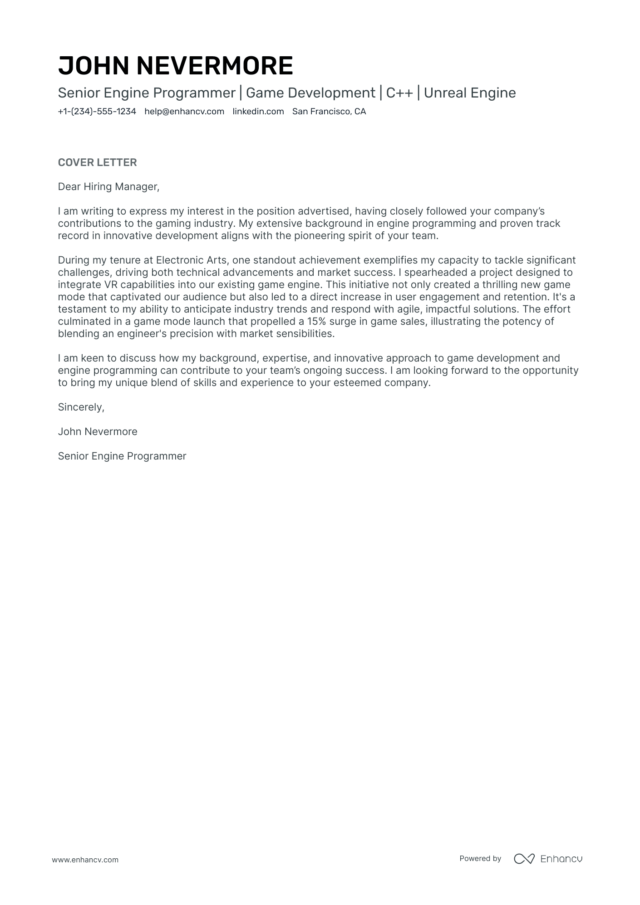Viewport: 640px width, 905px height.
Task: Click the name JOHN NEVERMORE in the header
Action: pyautogui.click(x=175, y=65)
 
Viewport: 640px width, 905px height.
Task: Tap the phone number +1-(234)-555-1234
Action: pyautogui.click(x=97, y=112)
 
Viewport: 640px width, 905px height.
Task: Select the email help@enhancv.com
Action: pyautogui.click(x=184, y=112)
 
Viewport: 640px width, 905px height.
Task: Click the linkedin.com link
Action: pyautogui.click(x=258, y=112)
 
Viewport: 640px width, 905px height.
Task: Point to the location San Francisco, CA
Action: pyautogui.click(x=329, y=112)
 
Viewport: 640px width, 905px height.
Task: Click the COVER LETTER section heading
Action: pyautogui.click(x=97, y=162)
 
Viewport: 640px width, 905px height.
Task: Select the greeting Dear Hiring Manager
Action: pyautogui.click(x=108, y=186)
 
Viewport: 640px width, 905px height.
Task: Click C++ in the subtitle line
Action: pyautogui.click(x=399, y=93)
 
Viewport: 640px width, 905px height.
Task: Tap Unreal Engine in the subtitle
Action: pyautogui.click(x=470, y=93)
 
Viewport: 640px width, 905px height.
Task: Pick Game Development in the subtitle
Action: pyautogui.click(x=310, y=93)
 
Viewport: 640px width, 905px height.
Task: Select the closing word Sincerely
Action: pyautogui.click(x=81, y=407)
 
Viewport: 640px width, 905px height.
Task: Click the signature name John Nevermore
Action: pyautogui.click(x=98, y=432)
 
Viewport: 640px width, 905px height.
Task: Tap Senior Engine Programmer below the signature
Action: pyautogui.click(x=122, y=456)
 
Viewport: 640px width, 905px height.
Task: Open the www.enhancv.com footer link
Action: pyautogui.click(x=85, y=860)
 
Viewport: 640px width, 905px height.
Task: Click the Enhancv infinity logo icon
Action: pyautogui.click(x=524, y=859)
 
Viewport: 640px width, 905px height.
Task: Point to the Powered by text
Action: pyautogui.click(x=480, y=859)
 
